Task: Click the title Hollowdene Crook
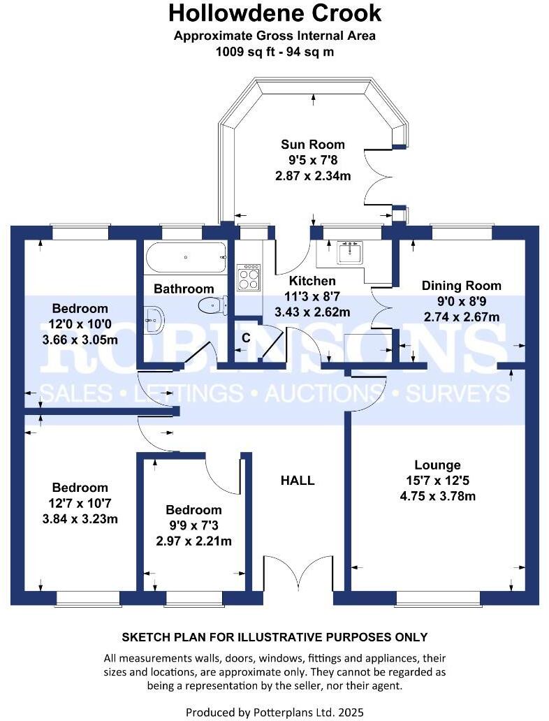274,13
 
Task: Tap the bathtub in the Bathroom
185,259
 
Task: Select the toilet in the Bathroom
212,305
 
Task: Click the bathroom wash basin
153,320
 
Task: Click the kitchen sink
349,252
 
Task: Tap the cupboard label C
246,337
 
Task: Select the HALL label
298,481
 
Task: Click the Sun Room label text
313,145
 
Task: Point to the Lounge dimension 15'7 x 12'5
437,481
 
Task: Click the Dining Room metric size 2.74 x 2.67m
461,316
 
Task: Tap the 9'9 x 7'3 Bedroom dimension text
193,525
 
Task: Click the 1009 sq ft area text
274,52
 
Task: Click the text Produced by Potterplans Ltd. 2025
274,712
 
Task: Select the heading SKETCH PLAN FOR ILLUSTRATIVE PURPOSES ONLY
274,637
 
